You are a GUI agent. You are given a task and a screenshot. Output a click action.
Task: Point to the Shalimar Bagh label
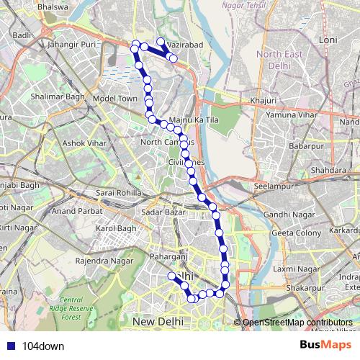[55, 95]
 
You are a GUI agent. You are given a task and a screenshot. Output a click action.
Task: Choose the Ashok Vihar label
[84, 143]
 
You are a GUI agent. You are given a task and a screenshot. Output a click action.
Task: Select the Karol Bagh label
[116, 229]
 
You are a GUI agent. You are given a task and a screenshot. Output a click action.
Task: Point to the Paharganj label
[168, 256]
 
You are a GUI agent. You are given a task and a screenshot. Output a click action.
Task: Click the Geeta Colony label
[296, 234]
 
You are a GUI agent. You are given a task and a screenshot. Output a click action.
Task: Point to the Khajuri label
[263, 100]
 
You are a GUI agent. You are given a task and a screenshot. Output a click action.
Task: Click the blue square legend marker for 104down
[10, 346]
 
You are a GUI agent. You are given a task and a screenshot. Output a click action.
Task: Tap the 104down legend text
[43, 346]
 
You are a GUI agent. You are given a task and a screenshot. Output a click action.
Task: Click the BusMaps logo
[325, 346]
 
